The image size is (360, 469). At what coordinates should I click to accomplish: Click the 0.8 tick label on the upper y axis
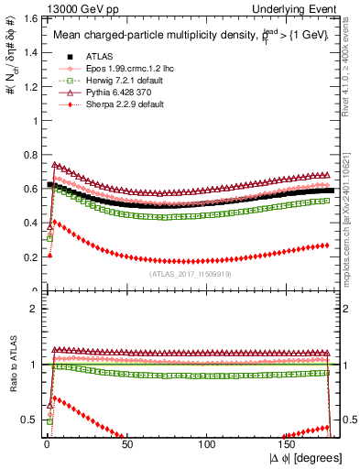(27, 155)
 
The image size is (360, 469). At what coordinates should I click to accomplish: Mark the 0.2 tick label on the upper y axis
(27, 257)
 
